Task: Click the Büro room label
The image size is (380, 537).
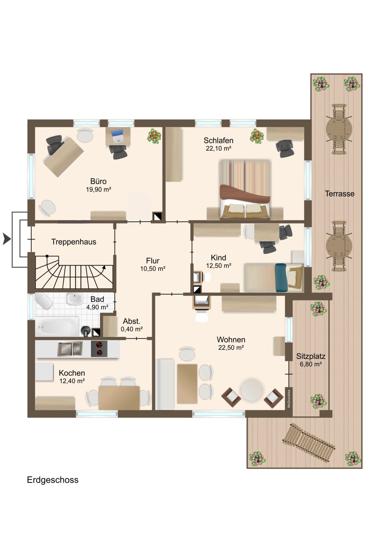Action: pyautogui.click(x=98, y=181)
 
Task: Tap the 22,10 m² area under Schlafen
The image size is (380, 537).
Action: pyautogui.click(x=218, y=148)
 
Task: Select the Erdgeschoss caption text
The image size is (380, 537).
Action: pyautogui.click(x=53, y=480)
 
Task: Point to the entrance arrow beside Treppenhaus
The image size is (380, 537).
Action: pyautogui.click(x=7, y=239)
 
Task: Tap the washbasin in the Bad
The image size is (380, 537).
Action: pyautogui.click(x=75, y=299)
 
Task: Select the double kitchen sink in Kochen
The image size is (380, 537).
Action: pyautogui.click(x=70, y=349)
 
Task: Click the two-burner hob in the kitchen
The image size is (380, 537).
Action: pyautogui.click(x=99, y=349)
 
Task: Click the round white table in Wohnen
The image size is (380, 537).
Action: pyautogui.click(x=252, y=391)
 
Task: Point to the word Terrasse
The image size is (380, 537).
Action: pyautogui.click(x=340, y=194)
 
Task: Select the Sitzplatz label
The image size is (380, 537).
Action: pyautogui.click(x=311, y=356)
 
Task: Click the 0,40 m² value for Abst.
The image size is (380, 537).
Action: pyautogui.click(x=132, y=329)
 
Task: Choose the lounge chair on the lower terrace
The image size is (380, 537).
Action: pyautogui.click(x=309, y=442)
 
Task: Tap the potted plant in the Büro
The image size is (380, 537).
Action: pyautogui.click(x=154, y=136)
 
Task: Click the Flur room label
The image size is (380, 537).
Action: pyautogui.click(x=153, y=261)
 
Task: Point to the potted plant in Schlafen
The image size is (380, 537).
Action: pyautogui.click(x=257, y=136)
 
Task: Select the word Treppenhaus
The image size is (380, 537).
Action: pyautogui.click(x=74, y=242)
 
